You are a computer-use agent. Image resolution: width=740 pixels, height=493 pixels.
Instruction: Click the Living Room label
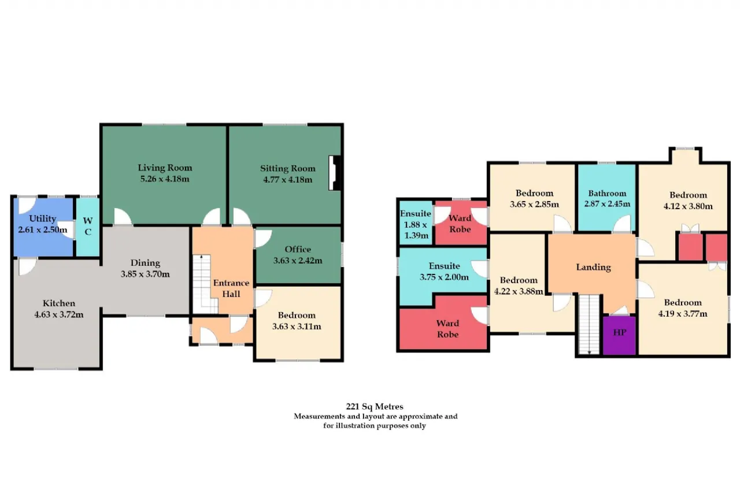[x=165, y=168]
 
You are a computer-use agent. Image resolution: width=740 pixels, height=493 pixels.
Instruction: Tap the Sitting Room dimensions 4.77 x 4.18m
[x=287, y=180]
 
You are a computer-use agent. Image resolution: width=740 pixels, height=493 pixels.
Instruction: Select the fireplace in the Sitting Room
[x=335, y=173]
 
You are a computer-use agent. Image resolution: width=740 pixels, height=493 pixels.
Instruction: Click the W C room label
[x=88, y=226]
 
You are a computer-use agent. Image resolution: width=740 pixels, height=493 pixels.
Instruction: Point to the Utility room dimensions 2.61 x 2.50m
[x=43, y=230]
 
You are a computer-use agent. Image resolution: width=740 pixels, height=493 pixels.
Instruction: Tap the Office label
[x=298, y=249]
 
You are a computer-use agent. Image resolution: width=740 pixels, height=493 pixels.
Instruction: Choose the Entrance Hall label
[x=231, y=288]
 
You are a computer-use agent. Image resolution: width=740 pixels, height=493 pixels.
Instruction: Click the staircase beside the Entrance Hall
[x=204, y=284]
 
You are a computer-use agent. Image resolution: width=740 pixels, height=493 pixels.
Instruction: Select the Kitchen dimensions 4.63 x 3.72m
[x=59, y=314]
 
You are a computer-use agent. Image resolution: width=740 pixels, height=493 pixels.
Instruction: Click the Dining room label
[x=145, y=263]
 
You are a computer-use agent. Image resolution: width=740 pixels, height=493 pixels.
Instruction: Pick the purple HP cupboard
[x=619, y=335]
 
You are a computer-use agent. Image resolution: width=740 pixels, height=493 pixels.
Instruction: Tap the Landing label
[x=593, y=267]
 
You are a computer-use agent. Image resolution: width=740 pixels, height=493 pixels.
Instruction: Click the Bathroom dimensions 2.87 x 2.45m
[x=607, y=204]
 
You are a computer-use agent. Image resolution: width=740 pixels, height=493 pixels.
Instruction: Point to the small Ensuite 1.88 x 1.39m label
[x=416, y=225]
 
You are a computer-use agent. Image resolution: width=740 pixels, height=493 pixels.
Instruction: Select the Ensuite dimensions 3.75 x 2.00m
[x=445, y=277]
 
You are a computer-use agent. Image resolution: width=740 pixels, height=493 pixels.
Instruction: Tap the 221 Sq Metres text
[x=375, y=406]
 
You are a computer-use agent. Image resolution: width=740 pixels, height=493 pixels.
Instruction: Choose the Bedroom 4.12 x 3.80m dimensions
[x=688, y=206]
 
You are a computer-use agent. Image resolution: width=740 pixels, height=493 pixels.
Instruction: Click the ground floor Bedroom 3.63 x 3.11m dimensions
[x=297, y=327]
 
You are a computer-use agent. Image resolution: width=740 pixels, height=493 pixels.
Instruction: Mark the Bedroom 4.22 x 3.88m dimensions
[x=519, y=291]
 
